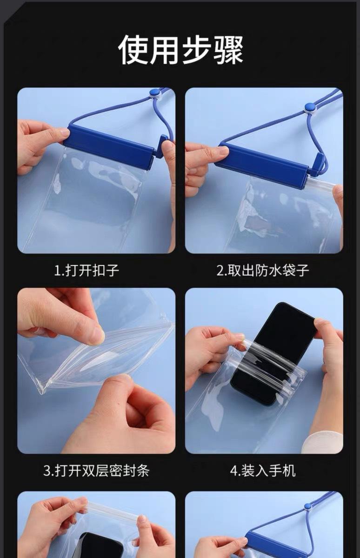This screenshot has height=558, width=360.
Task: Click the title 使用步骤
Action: (x=180, y=50)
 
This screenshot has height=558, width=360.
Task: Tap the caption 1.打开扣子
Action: (x=87, y=271)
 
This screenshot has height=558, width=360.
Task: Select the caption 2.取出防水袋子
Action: (x=263, y=271)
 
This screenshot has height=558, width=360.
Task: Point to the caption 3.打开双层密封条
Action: (x=96, y=470)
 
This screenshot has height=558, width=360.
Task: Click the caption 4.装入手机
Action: (x=263, y=470)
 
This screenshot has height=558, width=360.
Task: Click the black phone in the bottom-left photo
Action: (x=100, y=545)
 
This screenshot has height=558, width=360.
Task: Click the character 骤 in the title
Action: (x=228, y=50)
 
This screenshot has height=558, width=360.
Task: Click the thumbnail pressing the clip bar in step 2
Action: (x=223, y=150)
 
